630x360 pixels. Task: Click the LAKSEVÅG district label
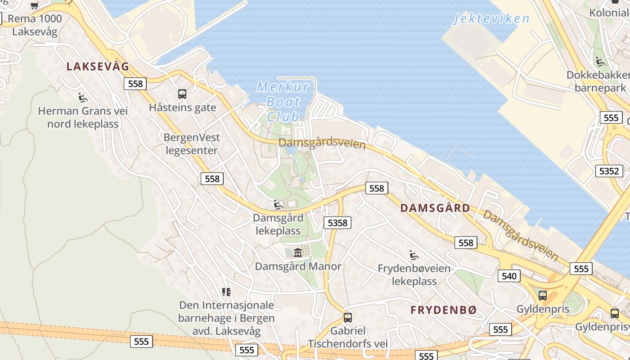98,67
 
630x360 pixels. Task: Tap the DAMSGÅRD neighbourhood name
435,208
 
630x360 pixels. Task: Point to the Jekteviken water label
491,18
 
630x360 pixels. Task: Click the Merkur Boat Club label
283,102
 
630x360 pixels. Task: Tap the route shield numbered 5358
337,222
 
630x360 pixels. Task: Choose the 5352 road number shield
610,171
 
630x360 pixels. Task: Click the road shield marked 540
509,275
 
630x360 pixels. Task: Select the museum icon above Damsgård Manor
297,252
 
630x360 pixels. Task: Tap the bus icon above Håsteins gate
182,94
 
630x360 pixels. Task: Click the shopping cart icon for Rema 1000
34,5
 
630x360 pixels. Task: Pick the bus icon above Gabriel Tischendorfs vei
347,317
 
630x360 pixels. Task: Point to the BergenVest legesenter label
192,144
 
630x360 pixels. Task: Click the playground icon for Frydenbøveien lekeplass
414,255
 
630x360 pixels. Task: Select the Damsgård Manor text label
298,266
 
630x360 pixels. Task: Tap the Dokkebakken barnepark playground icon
599,61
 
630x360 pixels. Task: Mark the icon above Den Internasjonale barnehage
226,292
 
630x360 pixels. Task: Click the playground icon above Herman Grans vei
82,97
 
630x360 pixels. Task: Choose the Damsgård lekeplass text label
278,224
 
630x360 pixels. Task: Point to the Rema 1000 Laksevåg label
35,25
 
